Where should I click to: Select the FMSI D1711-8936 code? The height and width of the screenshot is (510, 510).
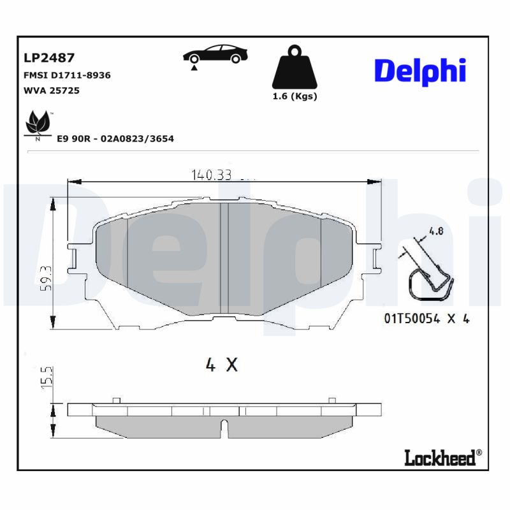(x=66, y=75)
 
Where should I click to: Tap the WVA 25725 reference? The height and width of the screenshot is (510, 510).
(x=51, y=91)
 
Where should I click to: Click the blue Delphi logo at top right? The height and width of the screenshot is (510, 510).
(x=419, y=71)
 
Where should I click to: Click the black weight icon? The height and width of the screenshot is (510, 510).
(x=295, y=67)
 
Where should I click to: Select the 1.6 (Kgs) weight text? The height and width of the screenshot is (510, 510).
(x=295, y=96)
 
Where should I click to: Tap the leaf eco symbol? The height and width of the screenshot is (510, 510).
(x=38, y=123)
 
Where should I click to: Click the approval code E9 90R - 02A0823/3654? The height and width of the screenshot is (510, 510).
(x=115, y=138)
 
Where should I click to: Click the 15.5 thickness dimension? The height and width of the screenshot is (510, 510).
(x=44, y=377)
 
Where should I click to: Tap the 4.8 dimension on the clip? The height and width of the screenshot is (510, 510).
(x=436, y=232)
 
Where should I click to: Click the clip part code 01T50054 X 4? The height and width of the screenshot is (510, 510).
(x=426, y=319)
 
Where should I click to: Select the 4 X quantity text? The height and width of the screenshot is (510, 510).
(x=221, y=365)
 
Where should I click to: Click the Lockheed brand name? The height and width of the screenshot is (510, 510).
(x=440, y=457)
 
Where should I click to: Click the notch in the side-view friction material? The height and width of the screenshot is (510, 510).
(x=224, y=428)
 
